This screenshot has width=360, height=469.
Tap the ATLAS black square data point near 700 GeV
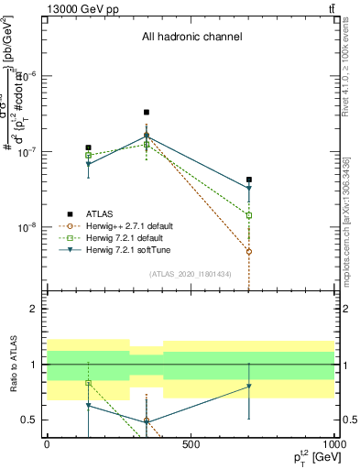point(249,180)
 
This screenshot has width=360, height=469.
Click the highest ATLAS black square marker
point(147,113)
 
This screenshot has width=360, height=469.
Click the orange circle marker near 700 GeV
point(249,251)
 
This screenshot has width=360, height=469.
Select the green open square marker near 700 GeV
point(249,215)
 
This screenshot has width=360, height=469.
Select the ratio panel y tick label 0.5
point(28,420)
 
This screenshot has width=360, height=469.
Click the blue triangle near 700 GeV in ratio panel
point(249,387)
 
